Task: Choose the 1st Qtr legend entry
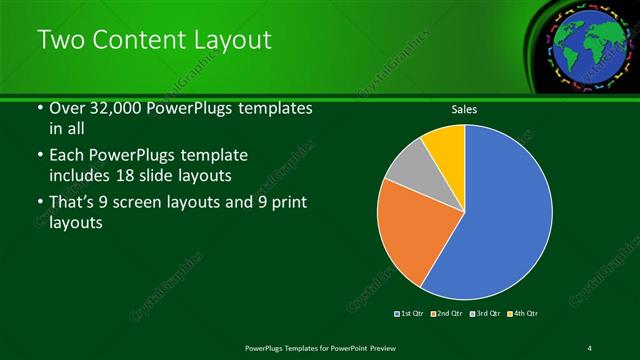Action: coord(409,314)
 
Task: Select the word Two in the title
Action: coord(59,41)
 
